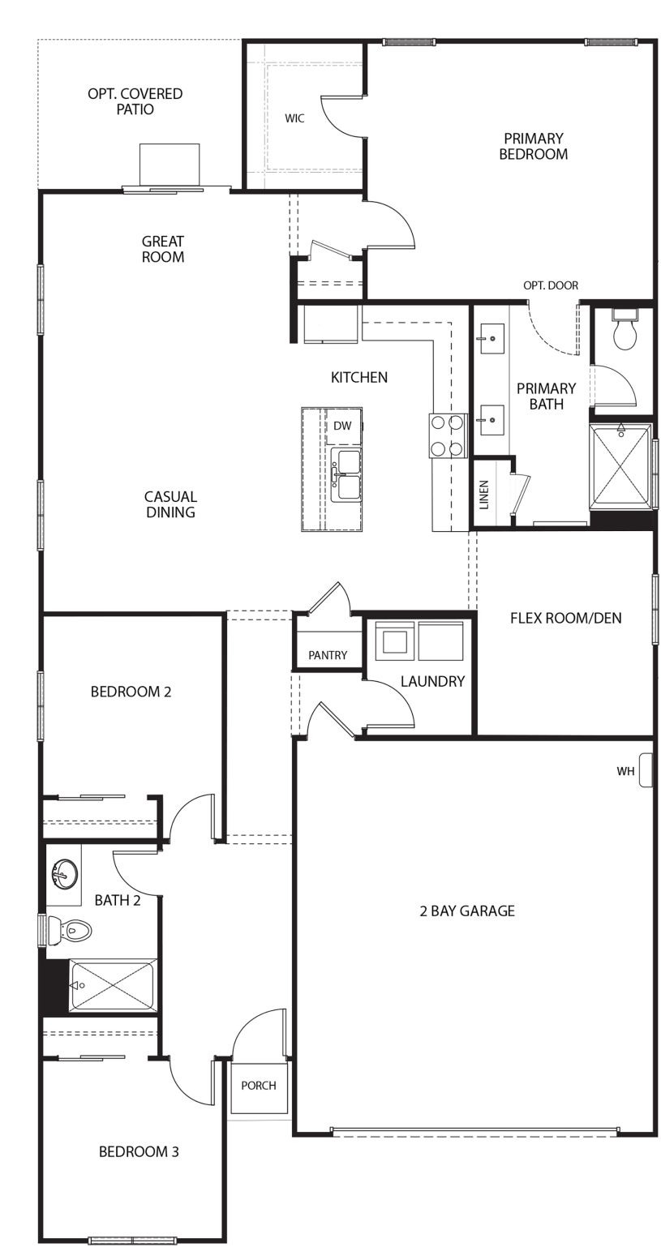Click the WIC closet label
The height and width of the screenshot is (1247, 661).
(294, 118)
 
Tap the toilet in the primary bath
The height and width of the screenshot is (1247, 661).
(624, 331)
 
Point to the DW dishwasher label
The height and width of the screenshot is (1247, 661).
(341, 426)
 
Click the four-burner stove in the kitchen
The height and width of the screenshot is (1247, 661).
(448, 435)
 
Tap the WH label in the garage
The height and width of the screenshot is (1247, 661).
(625, 772)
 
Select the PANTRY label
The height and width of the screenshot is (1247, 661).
(328, 655)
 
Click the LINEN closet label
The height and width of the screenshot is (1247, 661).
(484, 494)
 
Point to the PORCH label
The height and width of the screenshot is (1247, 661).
(259, 1086)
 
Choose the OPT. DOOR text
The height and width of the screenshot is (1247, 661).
(551, 285)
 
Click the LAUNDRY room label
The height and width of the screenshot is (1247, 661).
(432, 682)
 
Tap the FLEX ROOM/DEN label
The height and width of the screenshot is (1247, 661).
(565, 618)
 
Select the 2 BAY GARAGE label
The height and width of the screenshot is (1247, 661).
(467, 911)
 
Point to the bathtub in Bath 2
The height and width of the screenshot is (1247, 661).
(111, 985)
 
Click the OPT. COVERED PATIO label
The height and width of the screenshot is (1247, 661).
(135, 101)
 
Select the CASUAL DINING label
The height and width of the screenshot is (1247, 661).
(171, 504)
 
